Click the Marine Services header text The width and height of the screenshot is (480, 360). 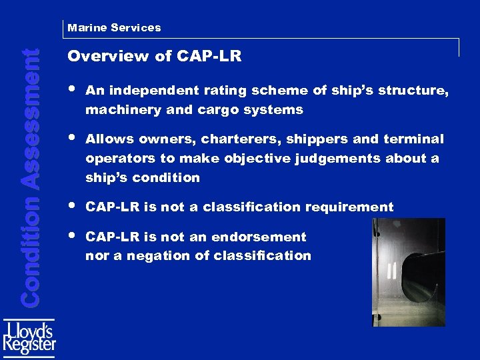114,28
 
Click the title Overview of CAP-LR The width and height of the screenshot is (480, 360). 154,57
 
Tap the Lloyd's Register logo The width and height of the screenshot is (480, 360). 29,339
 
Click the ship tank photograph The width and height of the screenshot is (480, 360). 408,272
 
